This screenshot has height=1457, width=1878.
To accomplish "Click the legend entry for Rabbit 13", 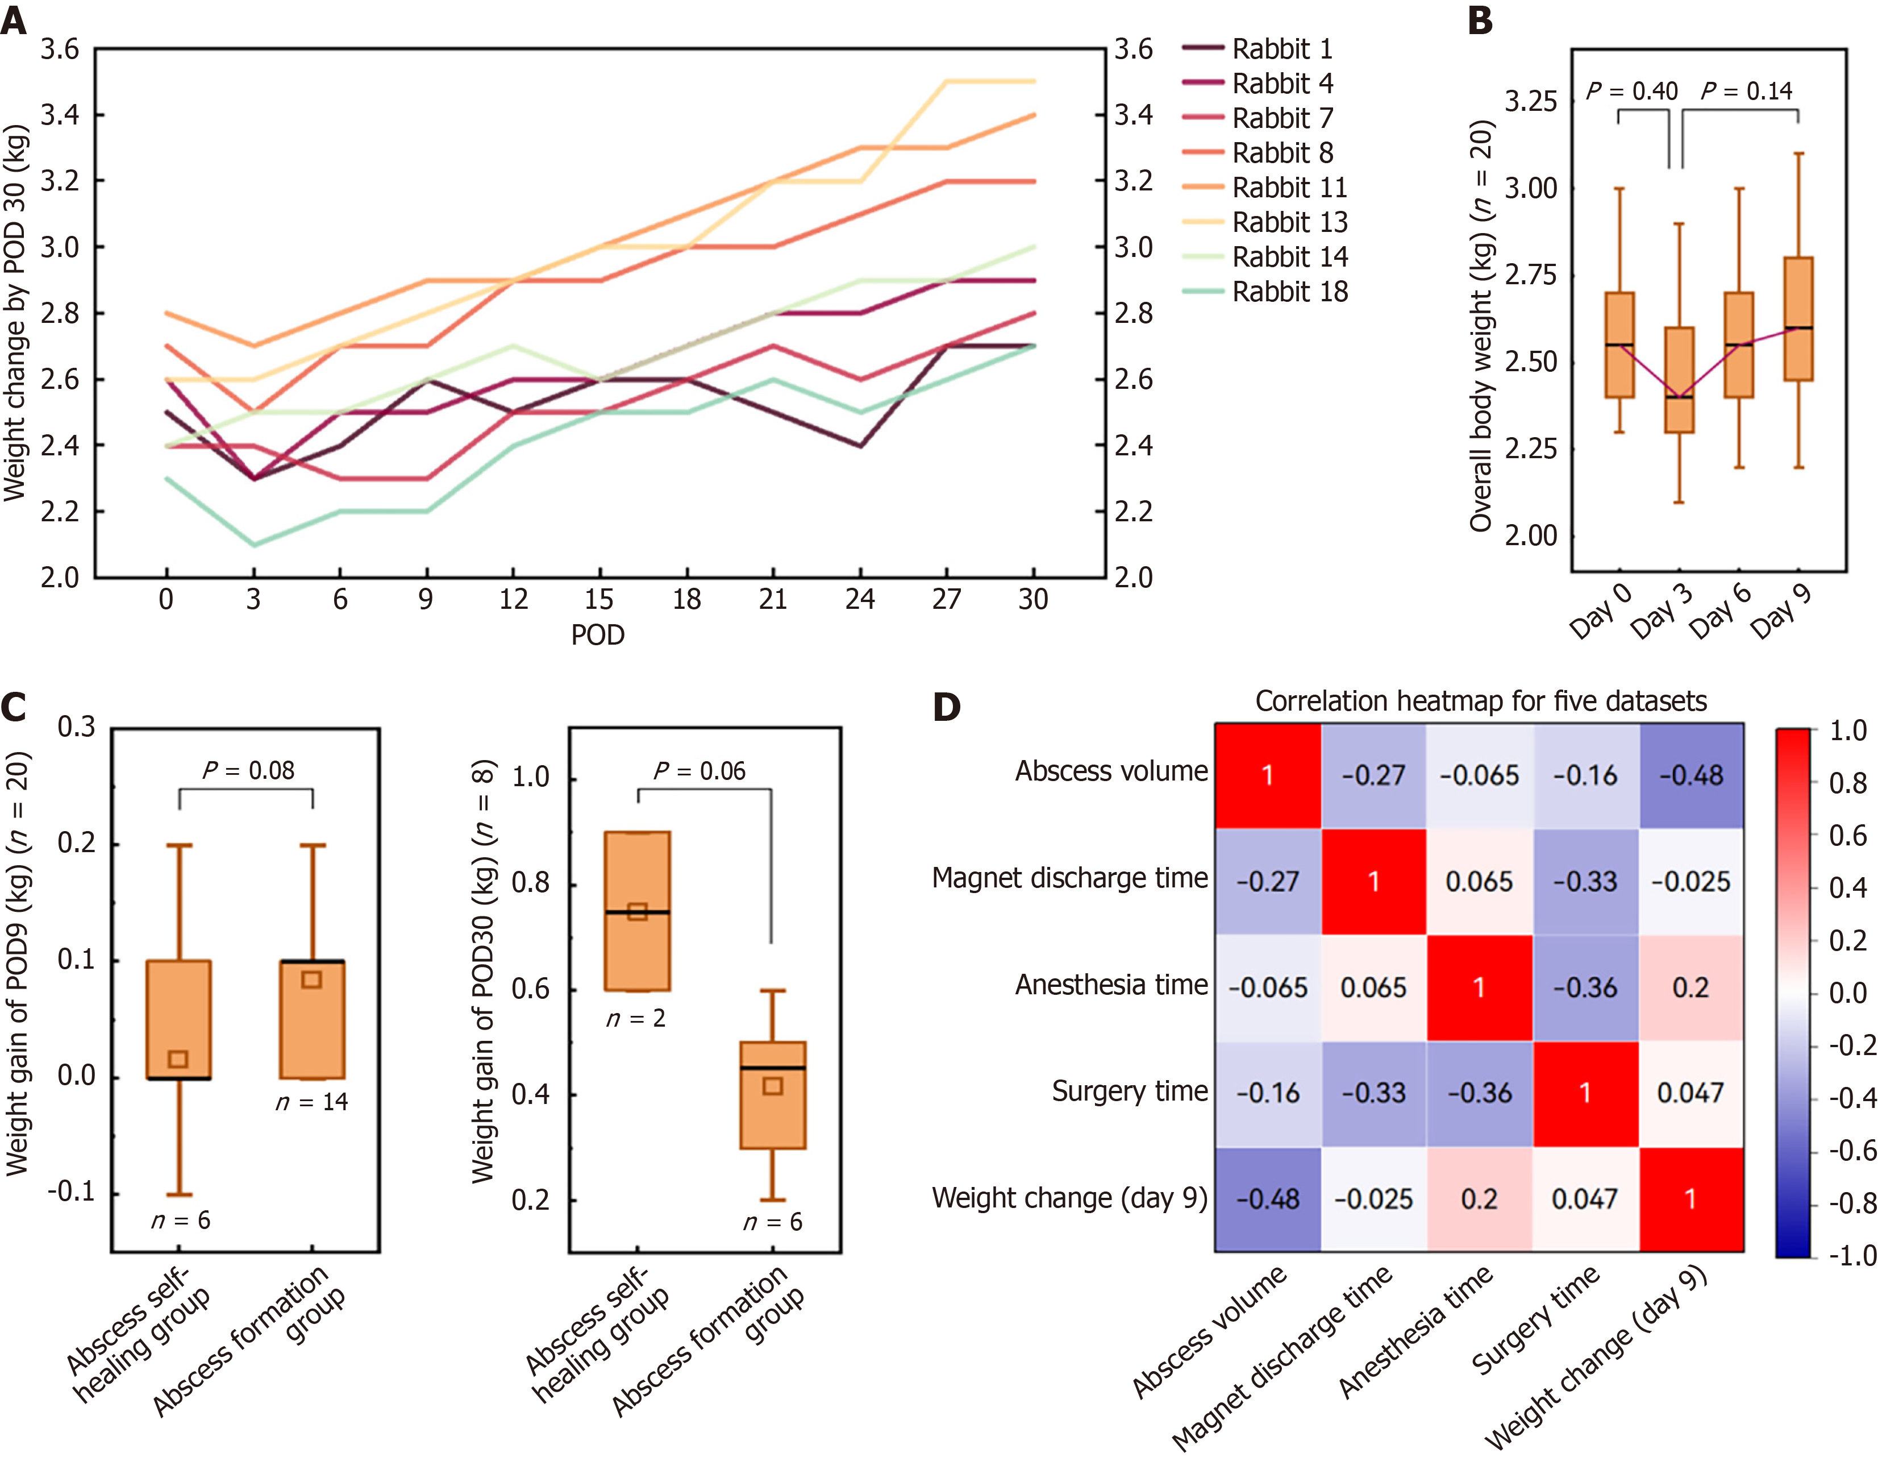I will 1289,222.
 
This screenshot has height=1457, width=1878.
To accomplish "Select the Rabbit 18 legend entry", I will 1289,292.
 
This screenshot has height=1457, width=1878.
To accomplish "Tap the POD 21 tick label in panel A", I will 773,600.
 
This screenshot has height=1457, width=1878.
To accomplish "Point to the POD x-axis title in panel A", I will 598,635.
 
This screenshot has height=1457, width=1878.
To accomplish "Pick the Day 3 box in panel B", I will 1679,379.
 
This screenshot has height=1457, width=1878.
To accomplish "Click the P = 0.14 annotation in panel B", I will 1746,90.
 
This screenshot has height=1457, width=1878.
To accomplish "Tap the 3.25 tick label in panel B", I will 1531,102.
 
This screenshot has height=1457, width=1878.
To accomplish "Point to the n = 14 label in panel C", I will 311,1102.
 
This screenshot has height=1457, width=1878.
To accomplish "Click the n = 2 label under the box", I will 635,1018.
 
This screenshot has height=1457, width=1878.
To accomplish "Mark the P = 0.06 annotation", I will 699,771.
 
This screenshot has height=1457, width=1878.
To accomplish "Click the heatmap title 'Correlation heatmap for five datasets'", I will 1481,701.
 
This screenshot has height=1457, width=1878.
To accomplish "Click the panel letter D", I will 946,707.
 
